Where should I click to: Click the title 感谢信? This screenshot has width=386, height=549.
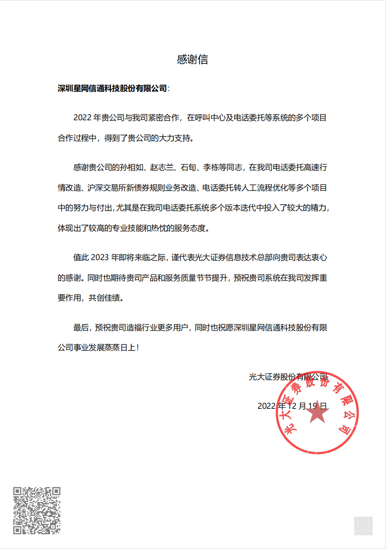(193, 59)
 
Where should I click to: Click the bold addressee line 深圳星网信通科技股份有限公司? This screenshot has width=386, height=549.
(112, 88)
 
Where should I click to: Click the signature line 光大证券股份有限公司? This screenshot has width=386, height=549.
(288, 376)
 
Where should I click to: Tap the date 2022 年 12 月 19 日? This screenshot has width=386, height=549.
(292, 406)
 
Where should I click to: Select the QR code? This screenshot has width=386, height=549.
(36, 510)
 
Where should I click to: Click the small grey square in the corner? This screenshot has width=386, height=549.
(364, 526)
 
